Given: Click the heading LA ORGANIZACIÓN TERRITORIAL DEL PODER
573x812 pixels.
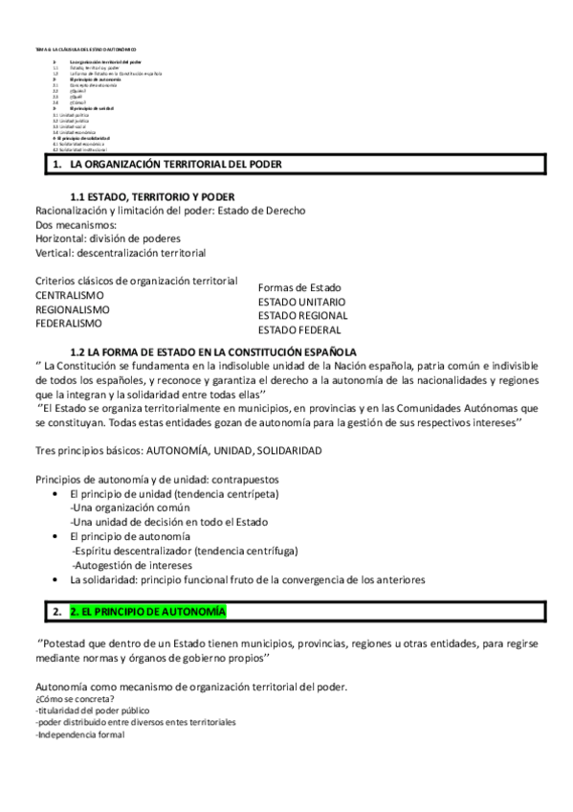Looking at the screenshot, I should (x=176, y=164).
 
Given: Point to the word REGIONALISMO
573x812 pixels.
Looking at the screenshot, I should (x=73, y=309).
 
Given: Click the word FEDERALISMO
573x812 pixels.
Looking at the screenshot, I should (x=69, y=324).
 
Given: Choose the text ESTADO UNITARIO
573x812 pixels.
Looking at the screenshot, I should (x=302, y=302).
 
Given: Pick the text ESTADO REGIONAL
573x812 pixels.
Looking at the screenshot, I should (x=303, y=315).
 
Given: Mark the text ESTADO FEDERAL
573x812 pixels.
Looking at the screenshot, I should (x=299, y=329).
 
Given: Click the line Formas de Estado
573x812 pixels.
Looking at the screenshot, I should (x=299, y=287).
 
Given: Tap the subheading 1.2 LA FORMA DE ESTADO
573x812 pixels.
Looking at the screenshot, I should (x=213, y=351).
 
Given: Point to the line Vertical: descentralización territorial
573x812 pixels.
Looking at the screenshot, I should (x=121, y=253).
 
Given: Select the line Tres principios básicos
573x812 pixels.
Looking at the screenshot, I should (x=178, y=450).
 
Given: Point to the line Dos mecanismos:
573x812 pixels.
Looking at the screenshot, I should (x=76, y=224).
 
